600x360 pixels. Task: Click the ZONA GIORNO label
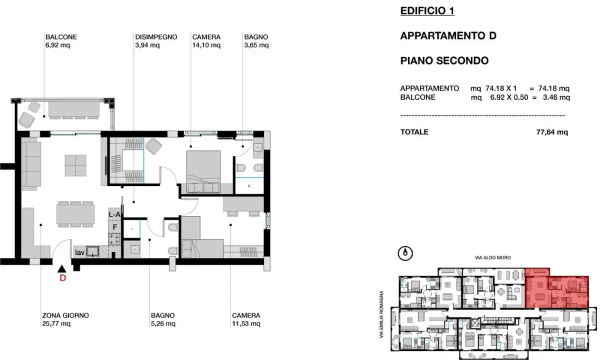coord(65,319)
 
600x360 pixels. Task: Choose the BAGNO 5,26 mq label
coord(162,319)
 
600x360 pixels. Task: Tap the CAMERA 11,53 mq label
coord(246,319)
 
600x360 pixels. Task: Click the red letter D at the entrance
coord(62,279)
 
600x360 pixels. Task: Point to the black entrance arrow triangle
coord(62,269)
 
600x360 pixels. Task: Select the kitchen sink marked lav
coord(91,251)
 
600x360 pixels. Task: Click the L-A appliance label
coord(114,214)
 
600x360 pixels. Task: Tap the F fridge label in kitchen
coord(114,226)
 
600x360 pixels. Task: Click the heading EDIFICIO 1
coord(427,11)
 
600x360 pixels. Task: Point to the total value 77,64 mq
coord(551,132)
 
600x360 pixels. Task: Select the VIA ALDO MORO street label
coord(493,257)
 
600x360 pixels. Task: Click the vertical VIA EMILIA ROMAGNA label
coord(382,315)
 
